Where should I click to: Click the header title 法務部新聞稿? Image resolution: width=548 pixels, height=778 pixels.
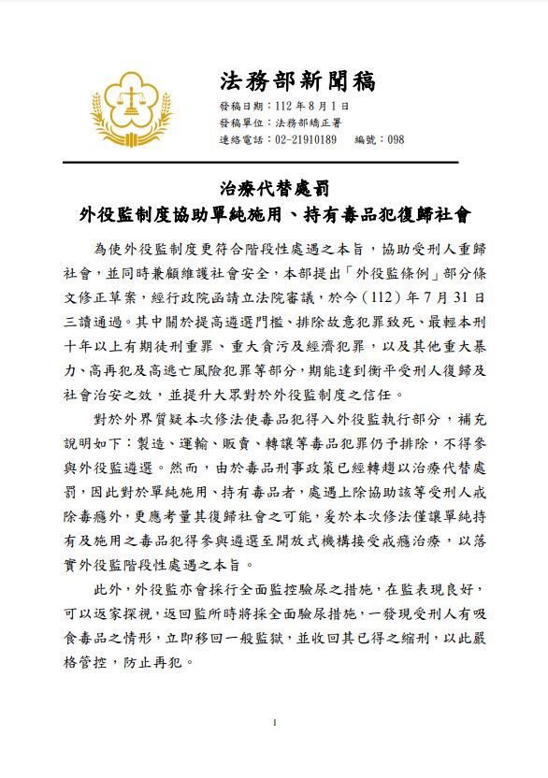[298, 79]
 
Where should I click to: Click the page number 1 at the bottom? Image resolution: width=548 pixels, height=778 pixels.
[274, 722]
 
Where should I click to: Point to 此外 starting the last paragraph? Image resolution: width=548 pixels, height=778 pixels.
[106, 592]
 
